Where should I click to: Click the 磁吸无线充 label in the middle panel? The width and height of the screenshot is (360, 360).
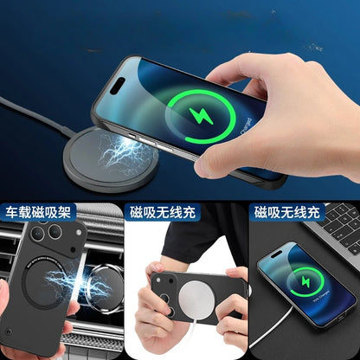coord(161,211)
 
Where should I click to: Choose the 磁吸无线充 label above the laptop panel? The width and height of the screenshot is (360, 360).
coord(286,211)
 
